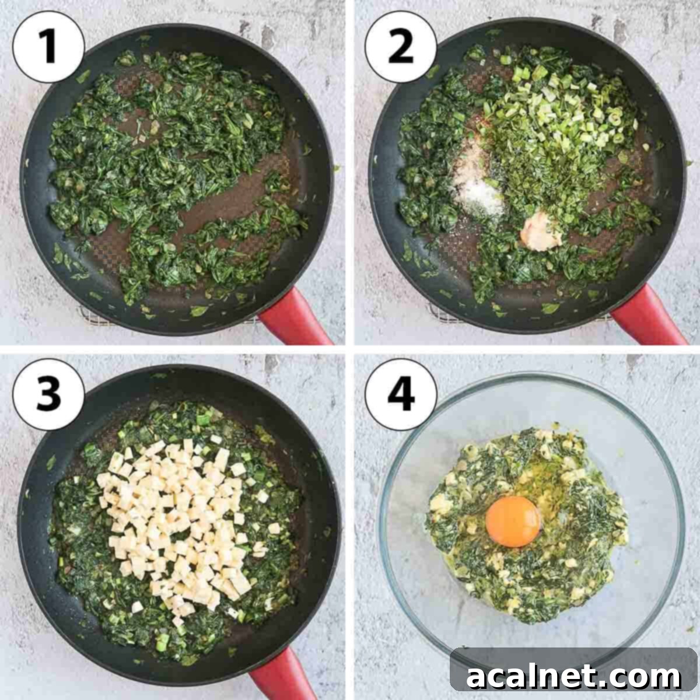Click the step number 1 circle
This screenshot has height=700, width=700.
[48, 48]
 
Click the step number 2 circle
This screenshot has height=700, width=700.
[401, 48]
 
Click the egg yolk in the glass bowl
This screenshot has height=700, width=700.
[513, 521]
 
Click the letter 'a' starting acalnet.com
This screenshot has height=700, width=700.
[477, 678]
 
